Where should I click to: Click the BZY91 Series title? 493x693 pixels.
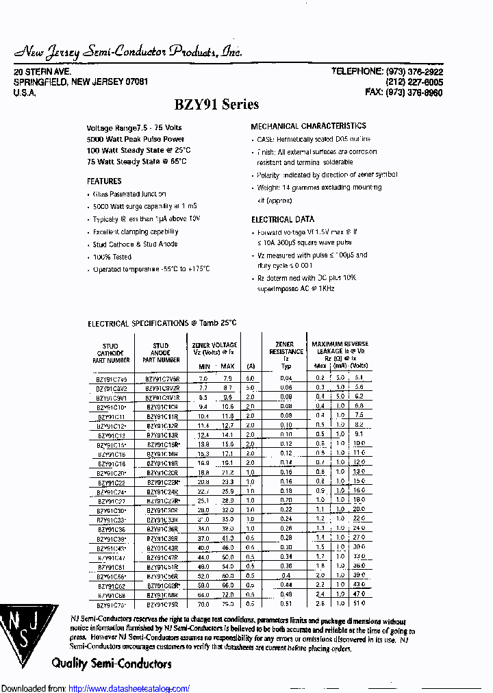[217, 105]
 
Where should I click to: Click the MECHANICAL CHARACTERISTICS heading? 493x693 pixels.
[308, 126]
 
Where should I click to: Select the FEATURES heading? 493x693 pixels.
[104, 181]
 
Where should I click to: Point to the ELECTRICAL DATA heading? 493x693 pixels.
[283, 220]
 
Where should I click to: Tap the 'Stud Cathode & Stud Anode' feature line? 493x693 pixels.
[135, 244]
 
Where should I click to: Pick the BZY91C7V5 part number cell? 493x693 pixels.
[111, 379]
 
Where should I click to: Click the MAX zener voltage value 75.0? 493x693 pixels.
[227, 605]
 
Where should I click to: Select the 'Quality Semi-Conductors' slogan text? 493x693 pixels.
[111, 664]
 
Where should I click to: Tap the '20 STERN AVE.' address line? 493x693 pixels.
[42, 72]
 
